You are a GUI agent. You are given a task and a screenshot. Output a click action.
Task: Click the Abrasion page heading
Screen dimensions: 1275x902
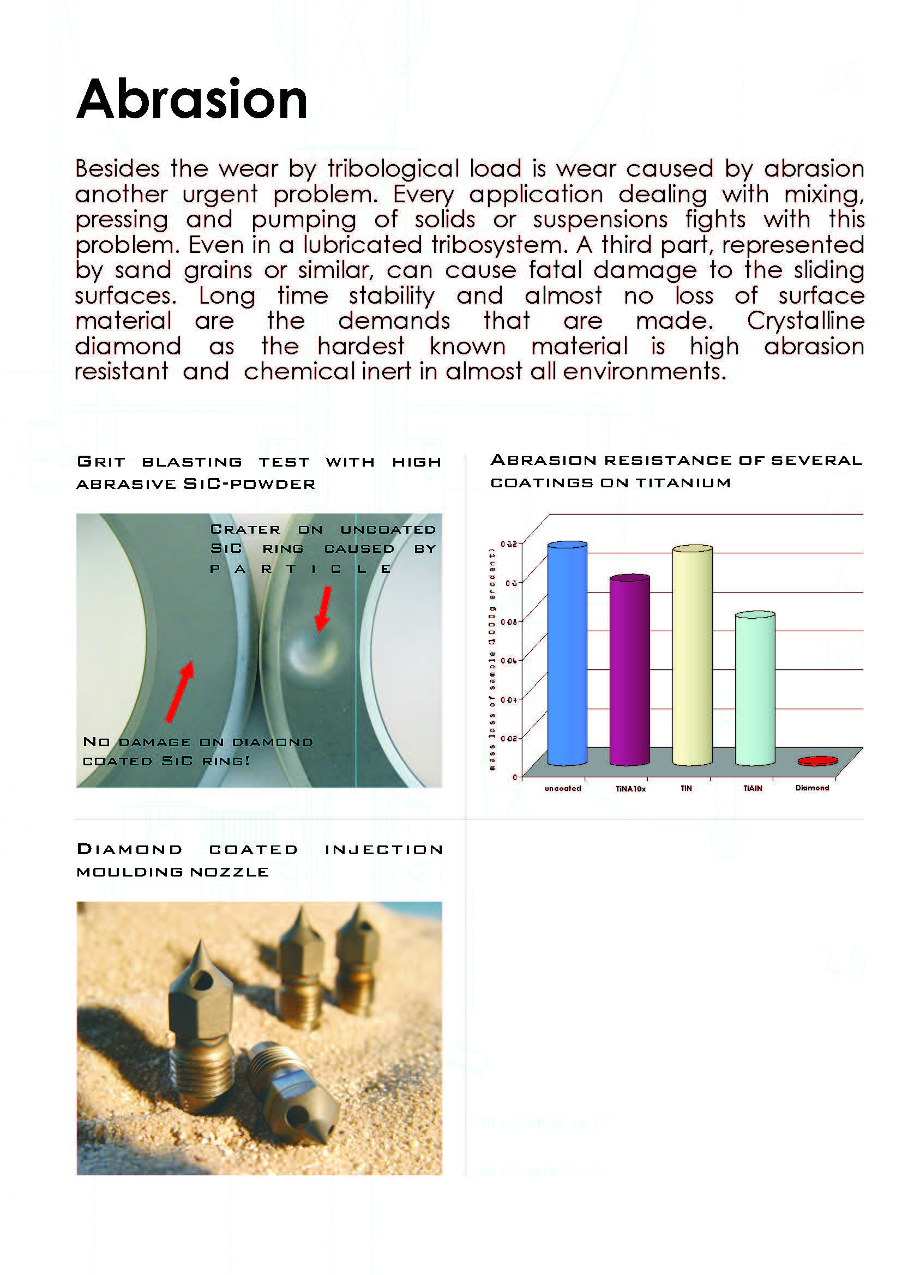click(x=191, y=100)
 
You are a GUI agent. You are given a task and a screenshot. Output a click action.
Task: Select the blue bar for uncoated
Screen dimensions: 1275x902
click(x=567, y=655)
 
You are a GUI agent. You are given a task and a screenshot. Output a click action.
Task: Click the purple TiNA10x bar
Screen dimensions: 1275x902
click(x=629, y=672)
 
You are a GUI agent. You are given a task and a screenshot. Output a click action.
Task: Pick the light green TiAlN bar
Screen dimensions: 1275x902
click(x=755, y=688)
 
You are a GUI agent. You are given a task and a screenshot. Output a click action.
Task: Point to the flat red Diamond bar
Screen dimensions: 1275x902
click(x=817, y=761)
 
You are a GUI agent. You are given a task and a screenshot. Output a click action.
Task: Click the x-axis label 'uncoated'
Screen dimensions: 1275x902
click(x=563, y=789)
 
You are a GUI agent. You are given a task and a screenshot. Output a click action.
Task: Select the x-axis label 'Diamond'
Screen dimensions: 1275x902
click(x=812, y=788)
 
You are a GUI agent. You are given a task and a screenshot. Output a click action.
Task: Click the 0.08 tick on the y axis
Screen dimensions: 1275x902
click(x=508, y=622)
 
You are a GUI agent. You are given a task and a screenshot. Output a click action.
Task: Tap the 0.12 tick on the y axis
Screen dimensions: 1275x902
click(x=508, y=543)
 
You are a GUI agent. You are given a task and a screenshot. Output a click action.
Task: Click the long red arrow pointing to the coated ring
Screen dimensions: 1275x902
click(x=179, y=691)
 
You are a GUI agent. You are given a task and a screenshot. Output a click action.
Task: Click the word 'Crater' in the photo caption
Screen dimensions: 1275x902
click(x=245, y=530)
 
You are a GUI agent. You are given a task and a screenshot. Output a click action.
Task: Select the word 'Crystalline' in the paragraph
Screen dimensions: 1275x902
click(x=805, y=321)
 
